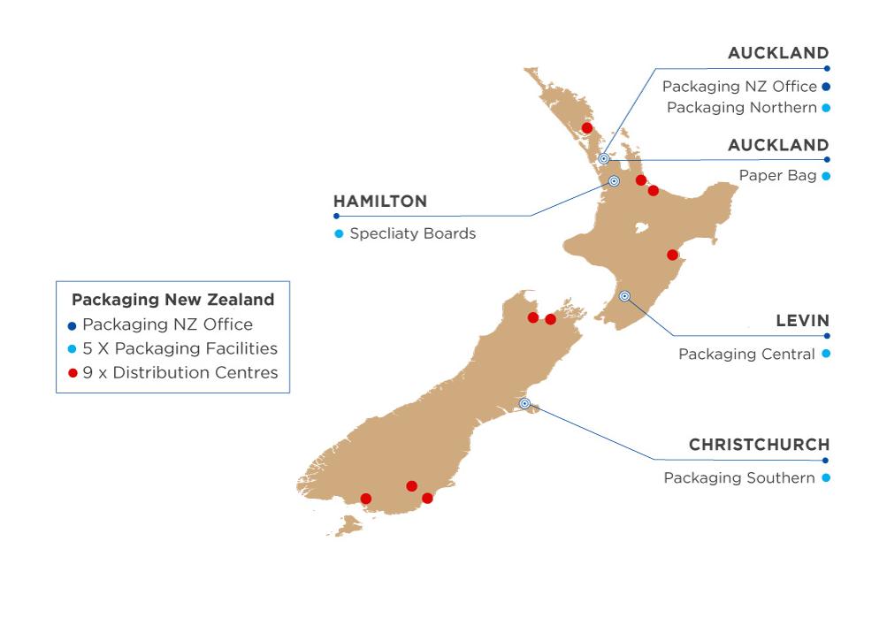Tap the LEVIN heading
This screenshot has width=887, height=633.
(802, 321)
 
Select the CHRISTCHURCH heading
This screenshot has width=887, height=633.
(759, 445)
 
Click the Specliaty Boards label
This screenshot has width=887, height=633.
(412, 234)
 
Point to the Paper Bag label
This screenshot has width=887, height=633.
(777, 176)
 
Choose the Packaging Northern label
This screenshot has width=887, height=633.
(741, 108)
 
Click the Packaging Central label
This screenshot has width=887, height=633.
(746, 355)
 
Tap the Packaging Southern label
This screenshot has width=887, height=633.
(739, 478)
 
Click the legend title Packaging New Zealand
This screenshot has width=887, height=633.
(172, 300)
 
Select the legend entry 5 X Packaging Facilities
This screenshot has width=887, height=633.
(180, 348)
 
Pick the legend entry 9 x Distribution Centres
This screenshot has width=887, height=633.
(180, 373)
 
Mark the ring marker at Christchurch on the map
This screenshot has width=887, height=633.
(525, 403)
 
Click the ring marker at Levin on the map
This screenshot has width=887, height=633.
(624, 296)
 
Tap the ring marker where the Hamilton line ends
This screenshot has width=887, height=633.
(614, 181)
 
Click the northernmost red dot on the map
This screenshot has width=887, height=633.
(586, 128)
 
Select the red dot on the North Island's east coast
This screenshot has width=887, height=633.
(672, 255)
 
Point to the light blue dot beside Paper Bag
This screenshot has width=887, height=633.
(826, 176)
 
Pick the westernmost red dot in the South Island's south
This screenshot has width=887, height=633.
(366, 499)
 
